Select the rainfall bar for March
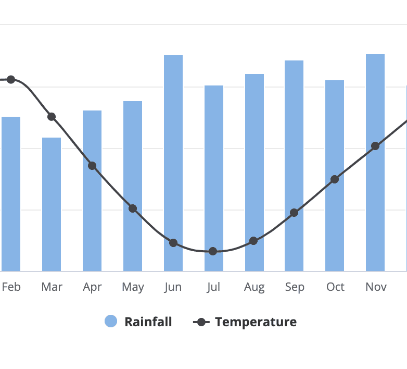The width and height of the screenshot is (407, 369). [52, 208]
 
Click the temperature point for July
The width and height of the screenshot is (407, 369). [213, 251]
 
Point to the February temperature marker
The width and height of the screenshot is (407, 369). [11, 79]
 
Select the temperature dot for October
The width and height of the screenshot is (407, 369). [335, 179]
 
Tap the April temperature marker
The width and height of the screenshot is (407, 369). [92, 166]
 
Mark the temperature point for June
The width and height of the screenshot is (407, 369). [173, 243]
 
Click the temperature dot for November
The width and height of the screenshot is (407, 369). [375, 146]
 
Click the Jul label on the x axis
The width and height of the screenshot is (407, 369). [213, 287]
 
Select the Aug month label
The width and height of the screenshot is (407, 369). [254, 287]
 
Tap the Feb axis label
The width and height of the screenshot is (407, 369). [11, 287]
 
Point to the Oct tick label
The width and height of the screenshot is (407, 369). [335, 287]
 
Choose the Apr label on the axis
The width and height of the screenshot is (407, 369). [92, 287]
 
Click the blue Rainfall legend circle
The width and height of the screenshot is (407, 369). [111, 322]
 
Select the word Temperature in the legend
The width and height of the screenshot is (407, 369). [256, 322]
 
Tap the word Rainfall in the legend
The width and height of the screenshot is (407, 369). [148, 322]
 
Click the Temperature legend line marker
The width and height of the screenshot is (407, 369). [201, 322]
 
